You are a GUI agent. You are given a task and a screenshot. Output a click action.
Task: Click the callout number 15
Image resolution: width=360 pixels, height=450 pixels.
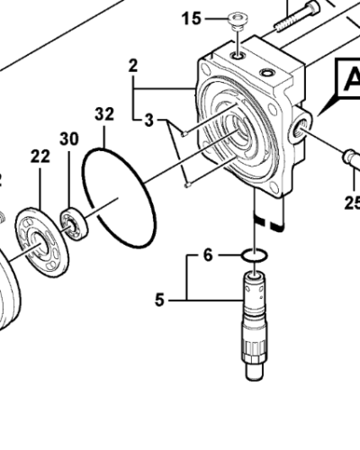tap(191, 18)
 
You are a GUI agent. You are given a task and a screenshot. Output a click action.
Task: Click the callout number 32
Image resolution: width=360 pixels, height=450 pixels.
tap(104, 114)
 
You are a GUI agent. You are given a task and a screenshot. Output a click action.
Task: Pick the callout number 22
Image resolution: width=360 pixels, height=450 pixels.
tap(40, 156)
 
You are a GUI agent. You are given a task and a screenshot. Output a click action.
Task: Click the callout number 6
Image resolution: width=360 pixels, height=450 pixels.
tap(207, 256)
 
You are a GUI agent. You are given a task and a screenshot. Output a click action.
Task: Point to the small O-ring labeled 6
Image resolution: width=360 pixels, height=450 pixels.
tap(255, 258)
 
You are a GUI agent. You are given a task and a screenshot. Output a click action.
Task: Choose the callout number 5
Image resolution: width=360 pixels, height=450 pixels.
tap(159, 299)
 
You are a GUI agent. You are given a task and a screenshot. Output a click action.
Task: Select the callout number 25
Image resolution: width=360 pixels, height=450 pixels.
tap(351, 202)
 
